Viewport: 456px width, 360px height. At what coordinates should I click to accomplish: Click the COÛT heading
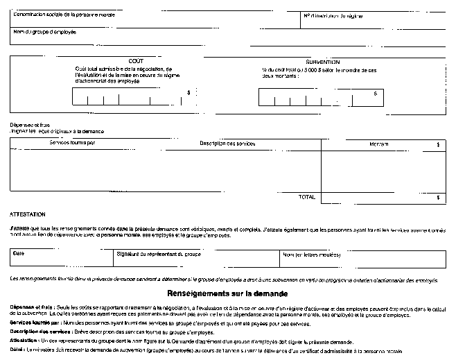pos(135,61)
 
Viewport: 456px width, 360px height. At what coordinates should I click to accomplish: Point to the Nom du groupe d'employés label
pos(44,32)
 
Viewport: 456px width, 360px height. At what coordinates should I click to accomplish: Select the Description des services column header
pos(227,144)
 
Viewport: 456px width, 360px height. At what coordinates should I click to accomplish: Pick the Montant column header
pos(378,144)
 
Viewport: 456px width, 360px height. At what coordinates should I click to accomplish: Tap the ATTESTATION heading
pos(27,214)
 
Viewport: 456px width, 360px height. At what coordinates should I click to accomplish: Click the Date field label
pos(18,253)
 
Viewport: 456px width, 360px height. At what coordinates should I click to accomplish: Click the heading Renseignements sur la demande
pos(227,293)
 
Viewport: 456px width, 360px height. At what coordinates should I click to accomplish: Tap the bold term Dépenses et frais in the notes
pos(26,307)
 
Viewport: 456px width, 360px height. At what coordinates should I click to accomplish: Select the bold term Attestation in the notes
pos(24,342)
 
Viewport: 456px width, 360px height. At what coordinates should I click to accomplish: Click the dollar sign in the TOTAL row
pos(438,197)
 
